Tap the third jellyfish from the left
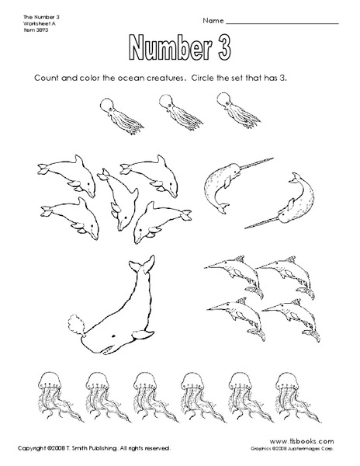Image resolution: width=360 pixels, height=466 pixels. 143,398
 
